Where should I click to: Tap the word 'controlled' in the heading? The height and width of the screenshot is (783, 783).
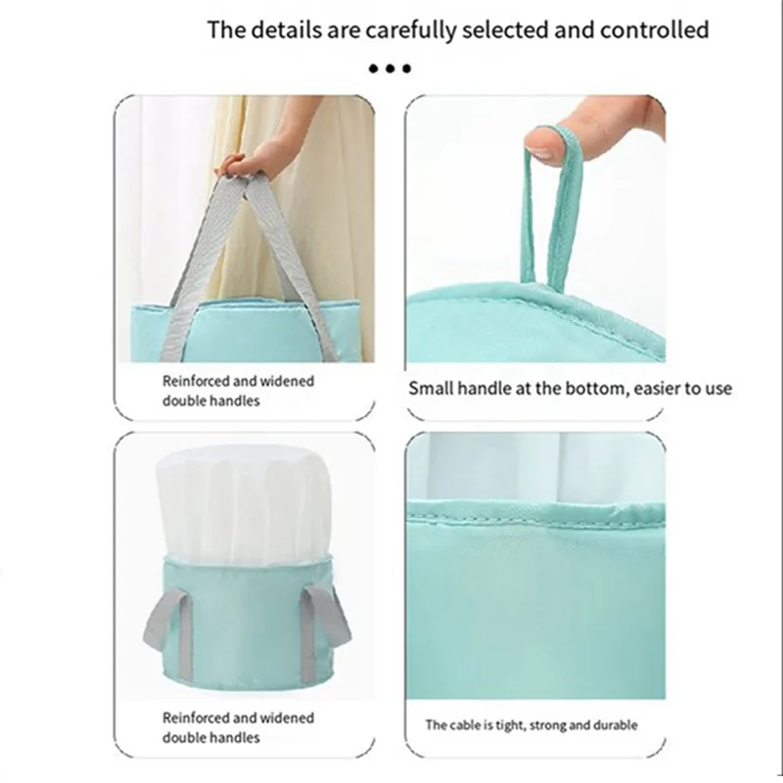[653, 29]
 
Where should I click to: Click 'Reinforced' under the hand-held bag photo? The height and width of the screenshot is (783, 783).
[195, 382]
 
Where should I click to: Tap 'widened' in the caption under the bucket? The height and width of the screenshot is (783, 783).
[285, 718]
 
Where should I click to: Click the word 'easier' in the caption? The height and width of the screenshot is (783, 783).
[654, 389]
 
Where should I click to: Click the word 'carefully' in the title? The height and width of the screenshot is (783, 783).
[408, 29]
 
